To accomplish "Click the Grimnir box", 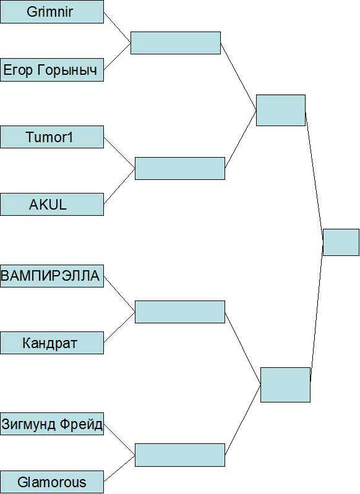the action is (x=52, y=12).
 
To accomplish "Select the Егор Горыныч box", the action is (x=52, y=70).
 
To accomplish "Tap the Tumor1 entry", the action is (x=52, y=137).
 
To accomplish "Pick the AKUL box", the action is (x=52, y=205).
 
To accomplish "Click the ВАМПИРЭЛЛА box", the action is (x=52, y=276).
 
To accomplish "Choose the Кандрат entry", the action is (x=52, y=343).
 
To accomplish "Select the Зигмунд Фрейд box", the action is (x=52, y=424).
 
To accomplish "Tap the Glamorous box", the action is (x=52, y=482).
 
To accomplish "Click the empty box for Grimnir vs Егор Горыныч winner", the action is (x=176, y=43).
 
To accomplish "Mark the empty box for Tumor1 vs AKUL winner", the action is (x=180, y=169).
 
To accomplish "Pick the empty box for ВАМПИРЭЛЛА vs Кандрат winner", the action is (x=180, y=312).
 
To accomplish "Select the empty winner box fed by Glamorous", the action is (x=180, y=455).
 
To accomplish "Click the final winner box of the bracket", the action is (x=341, y=242).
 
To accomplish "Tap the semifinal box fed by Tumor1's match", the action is (x=281, y=110).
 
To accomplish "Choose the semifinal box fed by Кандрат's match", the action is (x=285, y=385).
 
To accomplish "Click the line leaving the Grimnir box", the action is (x=118, y=27).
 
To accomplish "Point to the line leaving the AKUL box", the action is (x=119, y=186).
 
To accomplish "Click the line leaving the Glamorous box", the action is (x=119, y=469).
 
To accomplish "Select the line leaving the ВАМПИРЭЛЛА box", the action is (x=119, y=294).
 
